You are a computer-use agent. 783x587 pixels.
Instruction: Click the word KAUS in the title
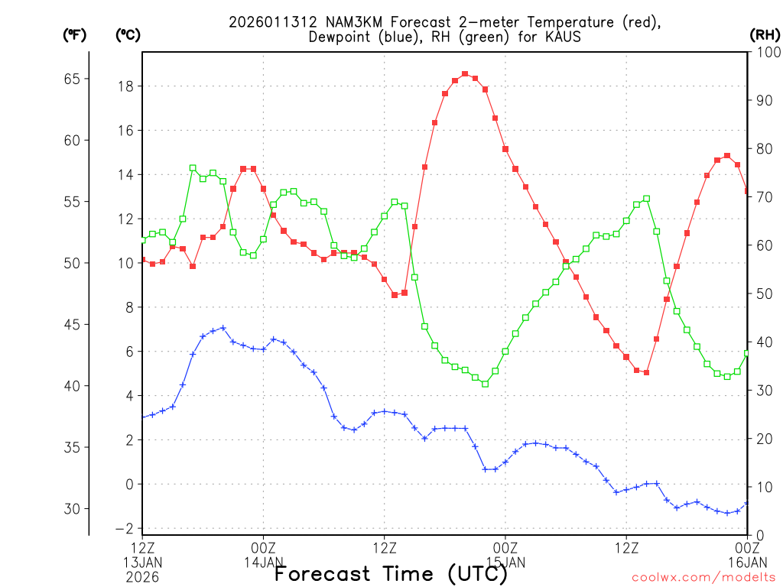[564, 37]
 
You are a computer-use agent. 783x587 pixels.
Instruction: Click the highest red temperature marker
[465, 74]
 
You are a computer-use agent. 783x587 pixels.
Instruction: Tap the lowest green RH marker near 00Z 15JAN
[485, 384]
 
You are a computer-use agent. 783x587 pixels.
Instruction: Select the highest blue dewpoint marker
[223, 328]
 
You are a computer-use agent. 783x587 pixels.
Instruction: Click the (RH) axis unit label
[763, 34]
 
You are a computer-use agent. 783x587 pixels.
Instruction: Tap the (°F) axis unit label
[74, 34]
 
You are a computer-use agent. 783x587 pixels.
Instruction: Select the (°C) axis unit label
[128, 34]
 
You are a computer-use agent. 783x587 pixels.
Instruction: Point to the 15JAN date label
[505, 562]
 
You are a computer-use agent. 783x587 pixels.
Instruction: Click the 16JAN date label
[747, 562]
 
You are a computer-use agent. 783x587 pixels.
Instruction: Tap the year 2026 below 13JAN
[143, 577]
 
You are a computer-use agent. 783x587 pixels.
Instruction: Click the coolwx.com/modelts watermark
[703, 577]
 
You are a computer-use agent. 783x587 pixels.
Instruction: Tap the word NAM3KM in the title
[342, 22]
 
